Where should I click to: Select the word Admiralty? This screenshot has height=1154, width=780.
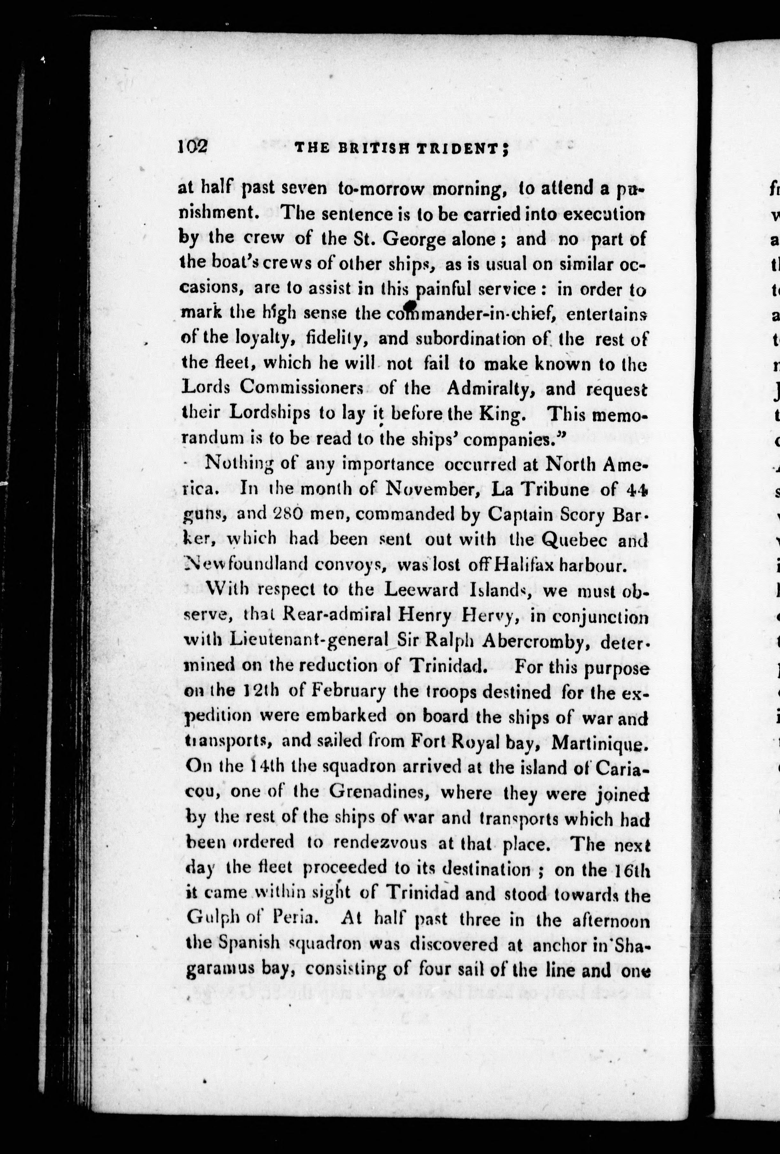pyautogui.click(x=489, y=389)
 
